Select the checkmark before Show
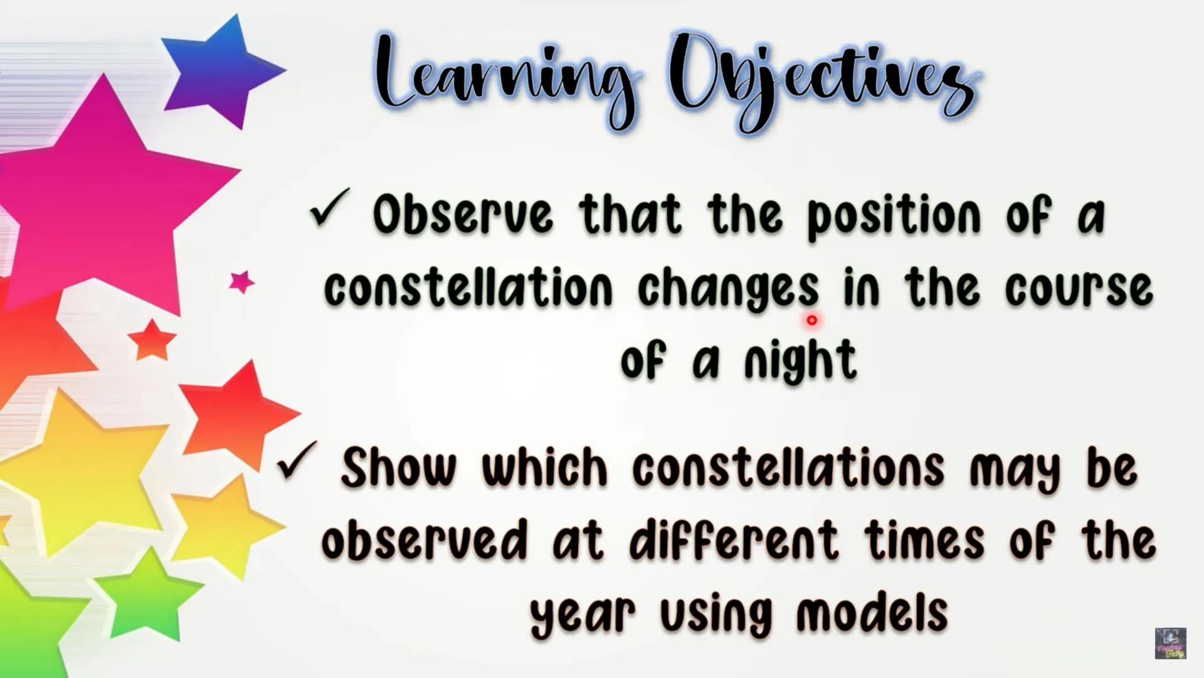297,461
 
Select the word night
800,361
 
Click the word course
1079,289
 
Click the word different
734,540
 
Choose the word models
872,613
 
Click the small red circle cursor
812,321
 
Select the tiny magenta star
241,282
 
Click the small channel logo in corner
1170,643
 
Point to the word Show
399,468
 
